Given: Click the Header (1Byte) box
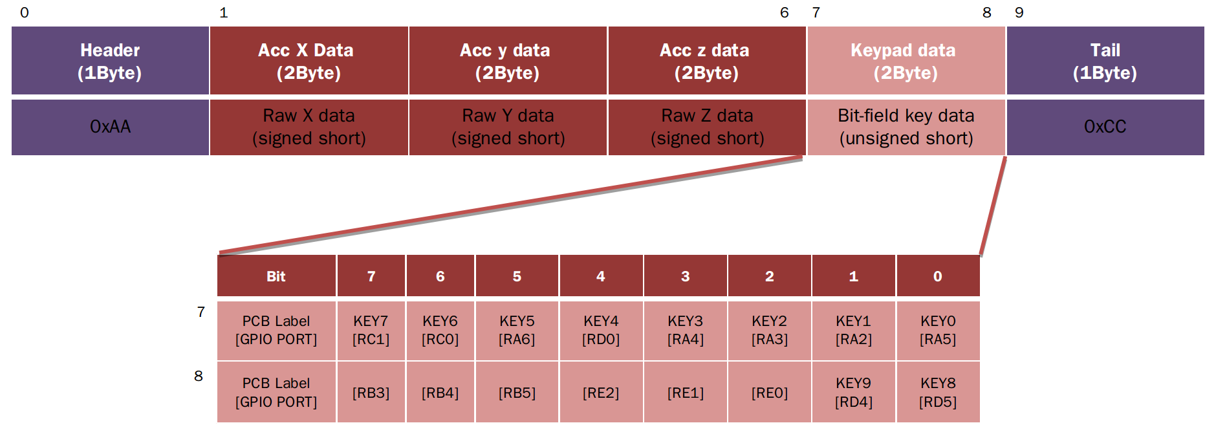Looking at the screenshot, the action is click(110, 61).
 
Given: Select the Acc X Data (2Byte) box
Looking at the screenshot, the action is click(309, 61).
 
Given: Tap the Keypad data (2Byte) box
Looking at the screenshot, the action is click(906, 61).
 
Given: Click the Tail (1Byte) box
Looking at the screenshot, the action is click(1105, 61).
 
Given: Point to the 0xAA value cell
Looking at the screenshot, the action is click(110, 127).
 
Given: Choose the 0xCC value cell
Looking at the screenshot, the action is click(1105, 127).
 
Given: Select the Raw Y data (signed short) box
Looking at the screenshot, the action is click(508, 127).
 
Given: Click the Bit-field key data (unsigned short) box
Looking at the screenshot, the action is click(906, 127).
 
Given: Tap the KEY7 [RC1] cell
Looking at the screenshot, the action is click(371, 331).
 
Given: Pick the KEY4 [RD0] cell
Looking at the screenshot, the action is click(602, 331).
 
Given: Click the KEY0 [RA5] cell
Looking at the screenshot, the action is click(939, 331).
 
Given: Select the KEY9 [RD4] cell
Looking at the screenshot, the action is click(854, 392).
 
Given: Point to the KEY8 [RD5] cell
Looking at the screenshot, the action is click(939, 392).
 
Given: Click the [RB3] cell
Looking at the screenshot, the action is click(371, 392).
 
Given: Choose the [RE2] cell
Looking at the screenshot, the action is click(602, 392).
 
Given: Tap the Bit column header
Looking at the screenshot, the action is click(276, 276).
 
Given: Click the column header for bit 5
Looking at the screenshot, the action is click(517, 276).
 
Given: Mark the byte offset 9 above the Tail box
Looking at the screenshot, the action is click(1019, 13).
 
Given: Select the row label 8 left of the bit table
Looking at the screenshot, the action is click(199, 376).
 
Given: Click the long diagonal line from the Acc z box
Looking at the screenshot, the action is click(511, 205).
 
